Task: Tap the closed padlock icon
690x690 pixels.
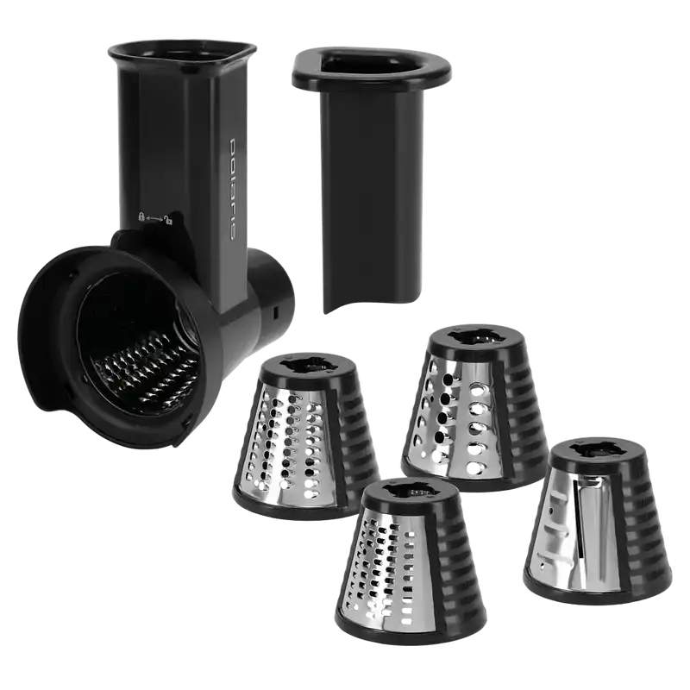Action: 141,216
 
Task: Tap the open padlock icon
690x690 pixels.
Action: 168,219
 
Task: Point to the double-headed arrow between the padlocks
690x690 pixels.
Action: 154,218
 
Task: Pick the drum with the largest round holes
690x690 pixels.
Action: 475,408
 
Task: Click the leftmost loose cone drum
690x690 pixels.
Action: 306,436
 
